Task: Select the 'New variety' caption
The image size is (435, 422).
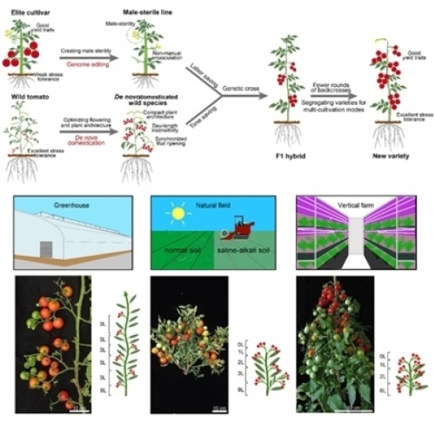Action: click(392, 176)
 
